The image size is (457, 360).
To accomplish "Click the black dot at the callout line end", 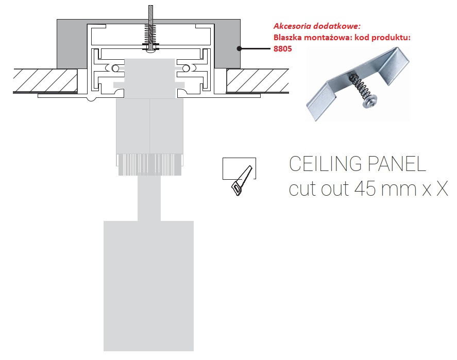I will pyautogui.click(x=240, y=49).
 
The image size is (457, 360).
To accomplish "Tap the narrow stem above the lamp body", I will pyautogui.click(x=149, y=198).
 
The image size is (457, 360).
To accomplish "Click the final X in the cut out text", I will pyautogui.click(x=442, y=188).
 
